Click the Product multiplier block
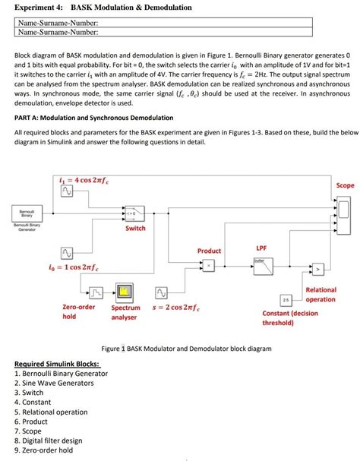click(208, 266)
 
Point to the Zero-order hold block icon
click(96, 293)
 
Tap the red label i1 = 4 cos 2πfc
click(85, 180)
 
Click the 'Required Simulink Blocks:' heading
click(57, 364)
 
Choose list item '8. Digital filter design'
click(50, 440)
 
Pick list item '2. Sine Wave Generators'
click(53, 383)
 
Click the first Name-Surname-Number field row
click(164, 24)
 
